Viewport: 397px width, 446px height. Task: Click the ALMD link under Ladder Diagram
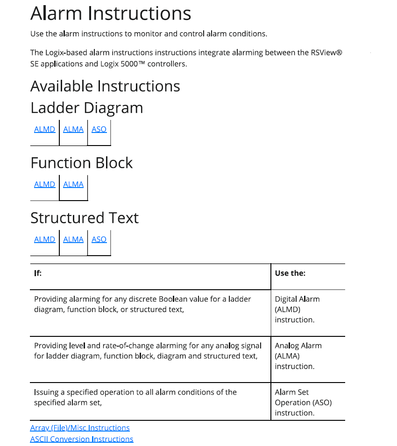point(44,129)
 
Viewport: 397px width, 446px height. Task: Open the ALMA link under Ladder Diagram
point(73,129)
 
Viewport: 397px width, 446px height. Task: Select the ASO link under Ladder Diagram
point(99,129)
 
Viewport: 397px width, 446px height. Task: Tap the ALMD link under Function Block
point(44,184)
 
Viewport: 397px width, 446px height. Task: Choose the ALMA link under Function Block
point(73,184)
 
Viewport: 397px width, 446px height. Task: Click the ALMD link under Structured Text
point(44,239)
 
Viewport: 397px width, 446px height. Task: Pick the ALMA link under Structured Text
point(73,239)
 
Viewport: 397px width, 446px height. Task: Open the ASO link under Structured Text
point(99,239)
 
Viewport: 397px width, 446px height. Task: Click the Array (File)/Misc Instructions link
point(80,428)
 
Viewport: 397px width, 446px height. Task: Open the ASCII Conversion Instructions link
point(82,439)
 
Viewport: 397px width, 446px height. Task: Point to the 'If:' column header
point(38,273)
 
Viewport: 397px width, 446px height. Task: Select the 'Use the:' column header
point(290,273)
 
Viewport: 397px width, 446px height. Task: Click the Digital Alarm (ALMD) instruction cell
point(298,309)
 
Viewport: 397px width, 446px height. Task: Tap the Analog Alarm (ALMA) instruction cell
point(298,356)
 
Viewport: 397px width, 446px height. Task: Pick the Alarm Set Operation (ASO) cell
point(303,403)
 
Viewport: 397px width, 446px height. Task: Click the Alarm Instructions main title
point(111,14)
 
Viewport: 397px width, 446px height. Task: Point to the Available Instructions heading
point(105,86)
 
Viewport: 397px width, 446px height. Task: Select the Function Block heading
point(81,163)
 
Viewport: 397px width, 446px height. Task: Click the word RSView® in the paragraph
point(326,53)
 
